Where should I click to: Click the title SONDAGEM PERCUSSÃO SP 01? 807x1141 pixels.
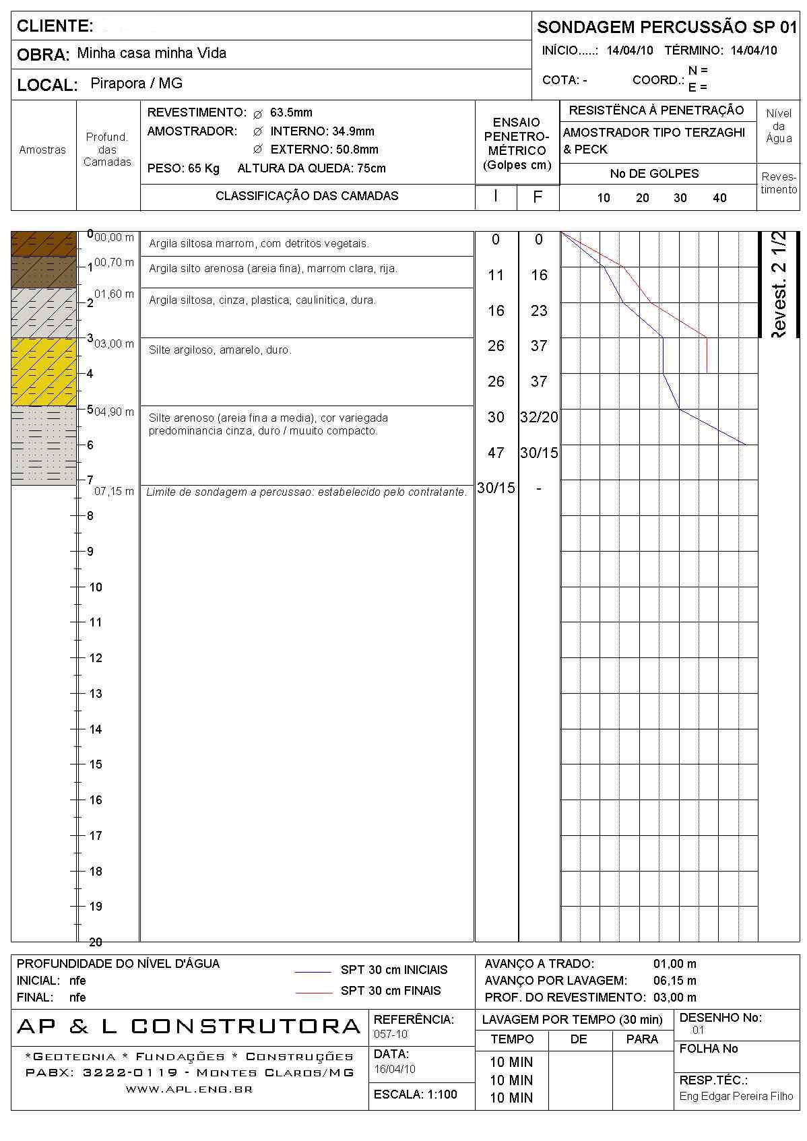pos(666,28)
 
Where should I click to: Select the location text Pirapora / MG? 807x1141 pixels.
pos(136,84)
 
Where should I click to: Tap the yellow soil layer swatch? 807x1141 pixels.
pos(44,371)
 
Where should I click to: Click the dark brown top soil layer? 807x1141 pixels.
pos(44,244)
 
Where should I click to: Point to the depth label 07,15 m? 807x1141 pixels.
pos(114,492)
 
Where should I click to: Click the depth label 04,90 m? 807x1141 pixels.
pos(114,412)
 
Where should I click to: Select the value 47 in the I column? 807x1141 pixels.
pos(496,453)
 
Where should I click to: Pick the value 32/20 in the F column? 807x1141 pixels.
pos(539,417)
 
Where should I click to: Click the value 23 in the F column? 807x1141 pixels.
pos(539,311)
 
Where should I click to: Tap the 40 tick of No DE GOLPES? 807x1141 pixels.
pos(719,198)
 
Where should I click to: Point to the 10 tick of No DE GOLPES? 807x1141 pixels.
pos(604,198)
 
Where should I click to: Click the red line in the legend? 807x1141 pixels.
pos(313,992)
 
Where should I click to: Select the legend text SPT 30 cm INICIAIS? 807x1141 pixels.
pos(394,970)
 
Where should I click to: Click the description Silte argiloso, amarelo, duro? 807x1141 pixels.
pos(220,350)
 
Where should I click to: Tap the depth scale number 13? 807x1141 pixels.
pos(96,694)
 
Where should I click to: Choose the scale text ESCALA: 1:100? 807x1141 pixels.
pos(415,1095)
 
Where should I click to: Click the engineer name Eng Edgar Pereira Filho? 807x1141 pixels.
pos(736,1097)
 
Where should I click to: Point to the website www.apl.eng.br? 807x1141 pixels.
pos(189,1089)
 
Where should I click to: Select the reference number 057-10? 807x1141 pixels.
pos(391,1034)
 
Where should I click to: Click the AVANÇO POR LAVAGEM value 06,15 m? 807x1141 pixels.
pos(674,981)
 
